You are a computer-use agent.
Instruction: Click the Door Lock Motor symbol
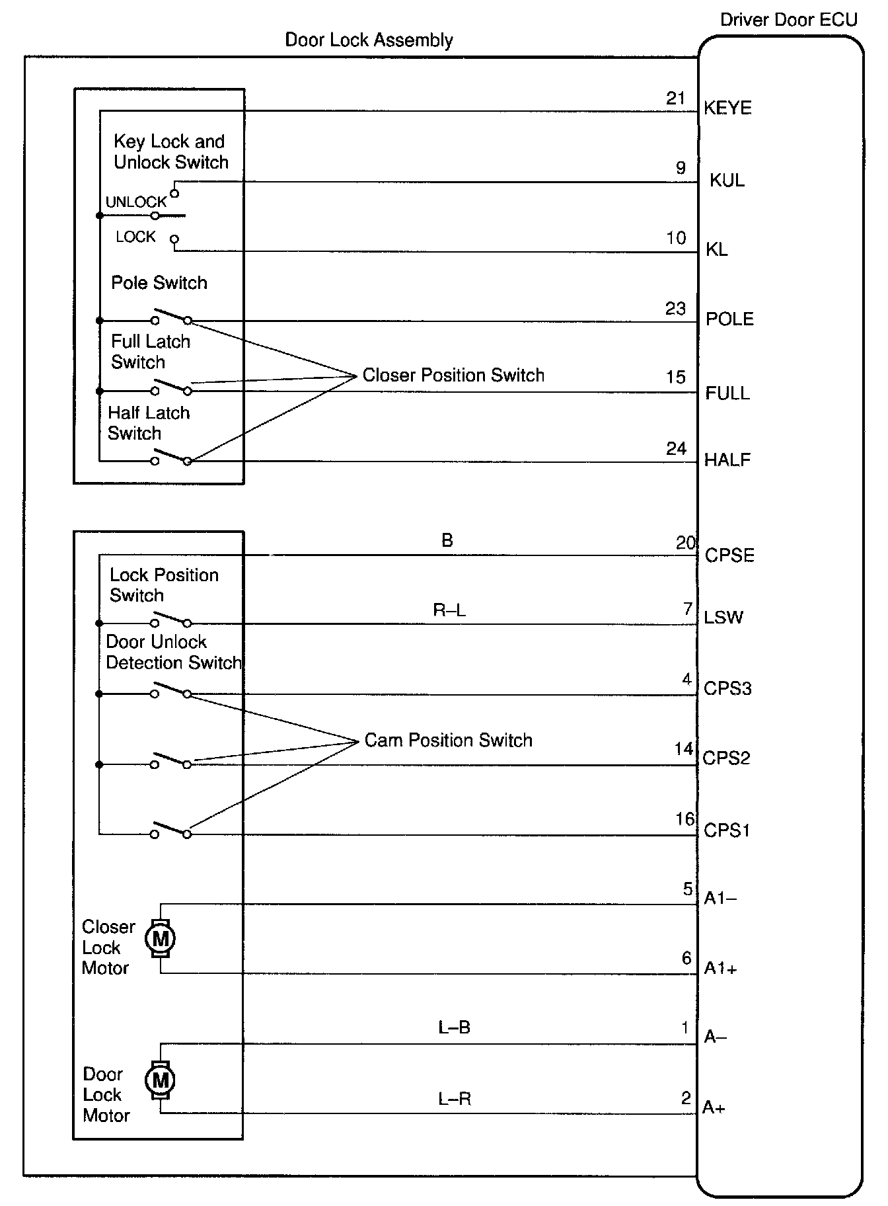pyautogui.click(x=160, y=1080)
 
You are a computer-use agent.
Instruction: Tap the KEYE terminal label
pyautogui.click(x=727, y=108)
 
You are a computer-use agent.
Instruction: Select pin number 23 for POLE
pyautogui.click(x=675, y=309)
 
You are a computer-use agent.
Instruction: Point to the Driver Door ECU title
pyautogui.click(x=788, y=20)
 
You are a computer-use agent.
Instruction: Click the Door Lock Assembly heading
pyautogui.click(x=369, y=40)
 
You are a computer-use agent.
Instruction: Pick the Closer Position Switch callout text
pyautogui.click(x=453, y=376)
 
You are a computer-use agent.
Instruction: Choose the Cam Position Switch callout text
pyautogui.click(x=448, y=741)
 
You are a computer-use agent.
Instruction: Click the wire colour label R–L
pyautogui.click(x=449, y=610)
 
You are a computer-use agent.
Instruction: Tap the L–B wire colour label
pyautogui.click(x=454, y=1027)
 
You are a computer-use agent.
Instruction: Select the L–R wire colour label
pyautogui.click(x=455, y=1099)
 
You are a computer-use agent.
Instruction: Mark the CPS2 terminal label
pyautogui.click(x=726, y=758)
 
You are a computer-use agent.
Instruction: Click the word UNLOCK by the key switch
pyautogui.click(x=136, y=202)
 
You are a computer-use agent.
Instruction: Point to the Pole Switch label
pyautogui.click(x=159, y=283)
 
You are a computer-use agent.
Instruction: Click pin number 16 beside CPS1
pyautogui.click(x=685, y=820)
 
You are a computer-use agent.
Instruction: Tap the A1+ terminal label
pyautogui.click(x=720, y=969)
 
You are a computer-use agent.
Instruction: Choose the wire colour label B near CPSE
pyautogui.click(x=447, y=541)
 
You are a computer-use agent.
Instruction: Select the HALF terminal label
pyautogui.click(x=727, y=460)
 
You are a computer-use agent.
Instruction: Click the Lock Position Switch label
pyautogui.click(x=163, y=585)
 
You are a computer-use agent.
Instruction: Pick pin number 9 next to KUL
pyautogui.click(x=681, y=169)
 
